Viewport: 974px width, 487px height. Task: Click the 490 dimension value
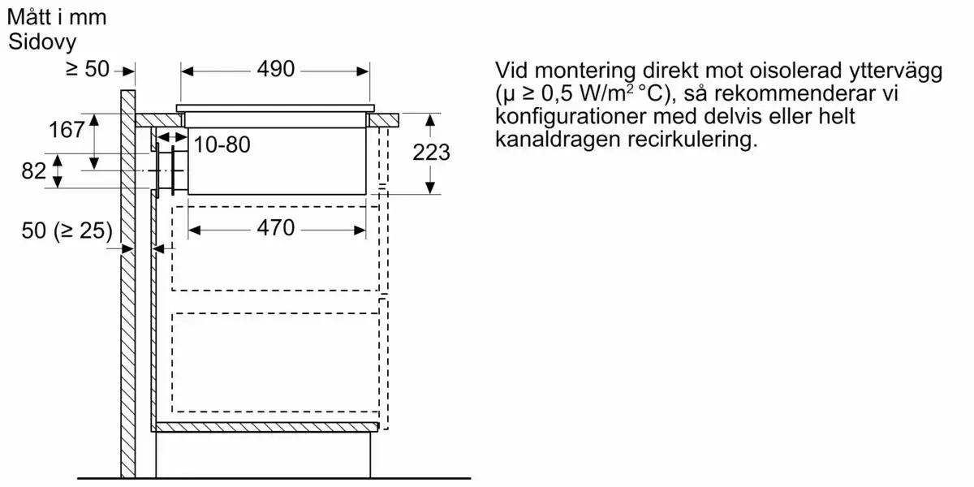(276, 69)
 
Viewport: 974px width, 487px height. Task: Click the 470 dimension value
(276, 228)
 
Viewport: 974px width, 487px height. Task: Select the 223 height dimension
(431, 153)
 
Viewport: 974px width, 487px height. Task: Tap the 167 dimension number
(67, 130)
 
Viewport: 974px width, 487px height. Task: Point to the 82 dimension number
(33, 171)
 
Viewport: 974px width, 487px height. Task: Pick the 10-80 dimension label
(222, 144)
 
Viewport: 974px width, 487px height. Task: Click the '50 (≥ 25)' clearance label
(67, 230)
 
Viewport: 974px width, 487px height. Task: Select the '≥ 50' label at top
(88, 69)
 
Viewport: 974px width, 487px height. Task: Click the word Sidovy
(42, 42)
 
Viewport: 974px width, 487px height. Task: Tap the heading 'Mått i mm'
(57, 17)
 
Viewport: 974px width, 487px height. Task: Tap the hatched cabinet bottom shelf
(265, 427)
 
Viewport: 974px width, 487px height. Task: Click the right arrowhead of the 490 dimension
(363, 71)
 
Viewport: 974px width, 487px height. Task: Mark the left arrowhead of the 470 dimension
(195, 230)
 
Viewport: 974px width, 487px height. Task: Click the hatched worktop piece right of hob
(383, 120)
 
